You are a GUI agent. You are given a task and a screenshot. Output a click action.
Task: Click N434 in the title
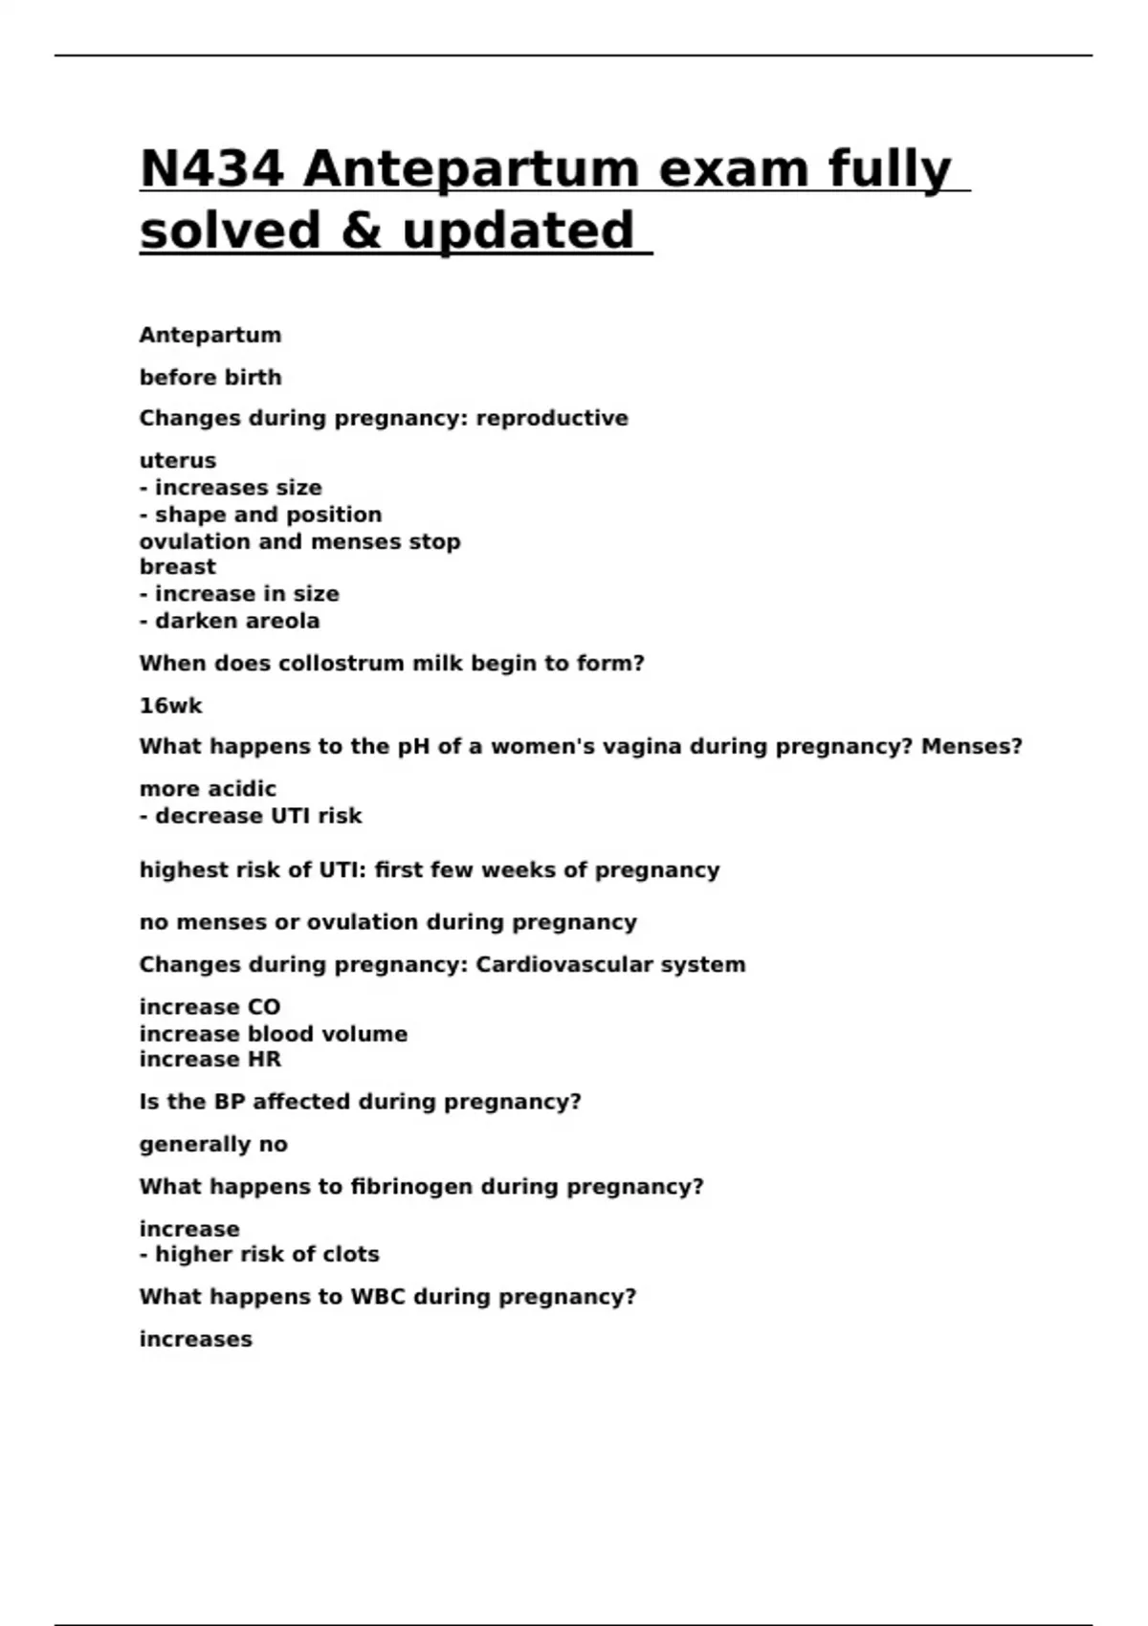(211, 169)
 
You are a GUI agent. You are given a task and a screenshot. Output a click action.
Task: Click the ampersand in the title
(360, 231)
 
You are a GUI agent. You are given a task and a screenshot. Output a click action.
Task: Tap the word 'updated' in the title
(518, 231)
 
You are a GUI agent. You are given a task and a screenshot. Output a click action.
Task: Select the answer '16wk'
(170, 706)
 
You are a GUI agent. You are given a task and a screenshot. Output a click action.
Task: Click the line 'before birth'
(210, 378)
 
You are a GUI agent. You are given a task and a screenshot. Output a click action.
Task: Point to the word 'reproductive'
(552, 419)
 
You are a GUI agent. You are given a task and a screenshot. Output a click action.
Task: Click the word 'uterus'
(178, 461)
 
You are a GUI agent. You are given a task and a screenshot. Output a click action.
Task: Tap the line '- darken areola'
(230, 622)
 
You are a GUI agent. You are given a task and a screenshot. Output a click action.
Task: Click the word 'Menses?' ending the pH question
(971, 747)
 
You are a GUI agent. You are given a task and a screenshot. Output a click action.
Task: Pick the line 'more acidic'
(208, 789)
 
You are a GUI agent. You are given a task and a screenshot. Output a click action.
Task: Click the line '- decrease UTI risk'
(251, 817)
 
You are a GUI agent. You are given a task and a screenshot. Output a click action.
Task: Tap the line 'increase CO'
(210, 1007)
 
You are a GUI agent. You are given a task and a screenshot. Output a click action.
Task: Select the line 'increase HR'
(210, 1060)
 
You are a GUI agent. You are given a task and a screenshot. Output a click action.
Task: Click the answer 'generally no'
(213, 1145)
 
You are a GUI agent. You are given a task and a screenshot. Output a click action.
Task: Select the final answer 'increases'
(196, 1339)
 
